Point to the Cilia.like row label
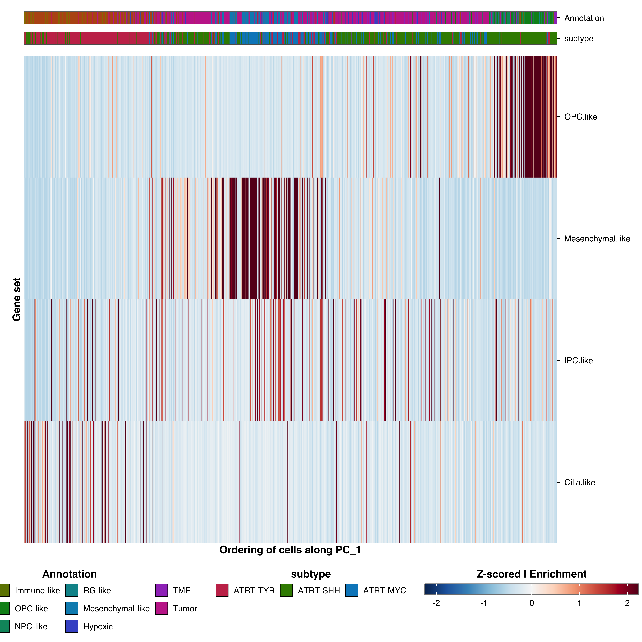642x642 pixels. [x=579, y=482]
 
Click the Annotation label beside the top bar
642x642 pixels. [x=584, y=18]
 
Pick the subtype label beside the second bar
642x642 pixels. [x=579, y=39]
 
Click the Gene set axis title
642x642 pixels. [x=17, y=299]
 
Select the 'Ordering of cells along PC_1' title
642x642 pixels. [x=290, y=550]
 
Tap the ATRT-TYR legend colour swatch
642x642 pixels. [x=222, y=590]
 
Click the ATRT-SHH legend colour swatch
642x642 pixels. [x=286, y=590]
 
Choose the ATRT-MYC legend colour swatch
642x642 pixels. [x=352, y=590]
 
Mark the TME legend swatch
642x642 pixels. [x=161, y=590]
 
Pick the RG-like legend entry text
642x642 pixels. [x=97, y=590]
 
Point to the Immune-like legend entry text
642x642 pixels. [x=37, y=590]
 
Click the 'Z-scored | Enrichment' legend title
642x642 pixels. [x=531, y=574]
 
